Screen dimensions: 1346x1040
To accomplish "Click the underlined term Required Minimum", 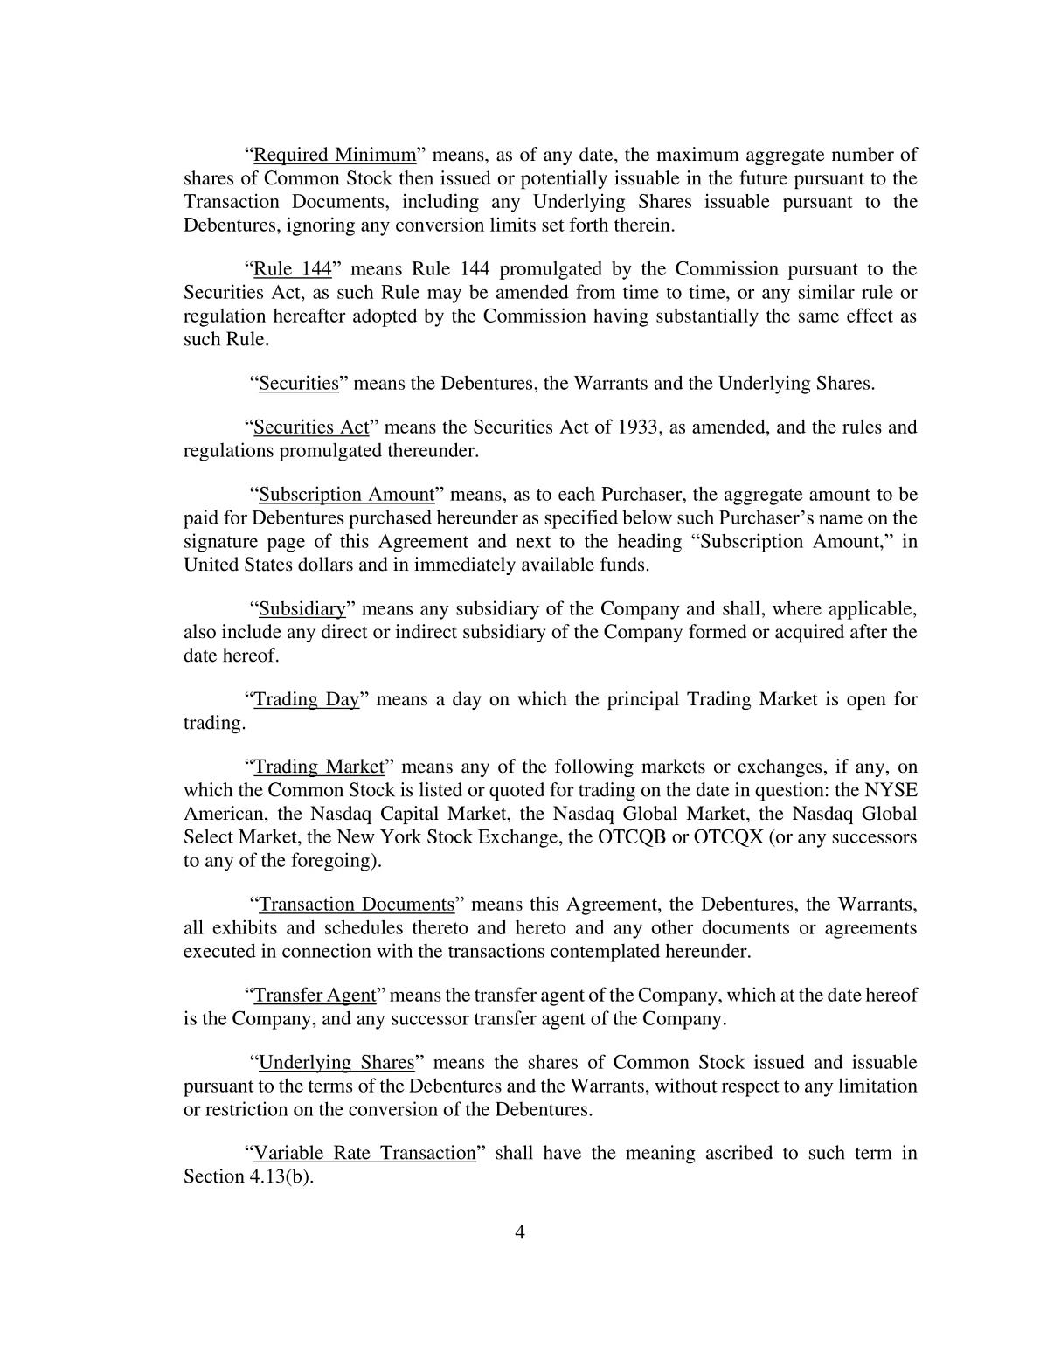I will [x=335, y=156].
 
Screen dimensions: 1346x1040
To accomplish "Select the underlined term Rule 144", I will [x=292, y=269].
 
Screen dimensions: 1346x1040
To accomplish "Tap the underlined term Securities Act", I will [x=311, y=427].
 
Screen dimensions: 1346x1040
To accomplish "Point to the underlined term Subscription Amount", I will [x=347, y=495].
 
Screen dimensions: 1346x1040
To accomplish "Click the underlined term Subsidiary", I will [x=302, y=608].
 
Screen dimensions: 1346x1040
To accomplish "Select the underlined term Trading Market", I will [x=319, y=767].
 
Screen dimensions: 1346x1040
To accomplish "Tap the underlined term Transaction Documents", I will [x=357, y=905].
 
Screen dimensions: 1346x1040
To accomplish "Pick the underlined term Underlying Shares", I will [x=336, y=1063].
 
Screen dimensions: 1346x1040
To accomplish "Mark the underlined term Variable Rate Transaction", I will [x=364, y=1154].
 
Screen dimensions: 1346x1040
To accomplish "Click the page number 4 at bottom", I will [x=520, y=1233].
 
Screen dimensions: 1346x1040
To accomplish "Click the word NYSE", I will [x=891, y=791].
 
